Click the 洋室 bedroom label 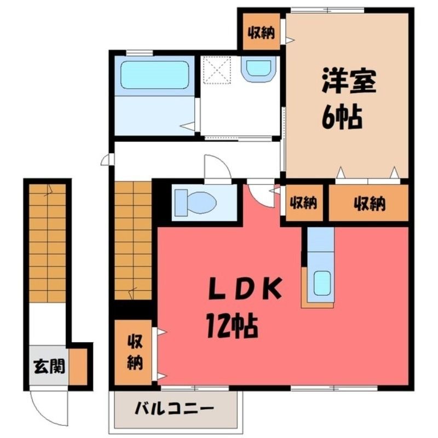pyautogui.click(x=349, y=81)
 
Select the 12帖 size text pyautogui.click(x=232, y=325)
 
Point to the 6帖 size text pyautogui.click(x=342, y=117)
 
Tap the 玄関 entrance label pyautogui.click(x=49, y=366)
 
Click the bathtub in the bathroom pyautogui.click(x=155, y=75)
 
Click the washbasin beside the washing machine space pyautogui.click(x=258, y=69)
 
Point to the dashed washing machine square pyautogui.click(x=217, y=70)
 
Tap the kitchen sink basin pyautogui.click(x=322, y=283)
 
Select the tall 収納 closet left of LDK pyautogui.click(x=134, y=352)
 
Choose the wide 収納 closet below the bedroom pyautogui.click(x=368, y=203)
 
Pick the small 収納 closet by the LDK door pyautogui.click(x=304, y=203)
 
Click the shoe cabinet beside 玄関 pyautogui.click(x=78, y=366)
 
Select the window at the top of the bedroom pyautogui.click(x=327, y=10)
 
